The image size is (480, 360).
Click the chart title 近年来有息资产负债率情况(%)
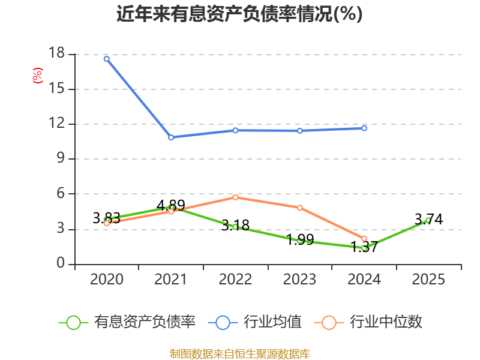point(239,14)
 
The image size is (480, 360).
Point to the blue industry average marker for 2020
point(107,59)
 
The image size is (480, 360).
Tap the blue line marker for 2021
point(171,137)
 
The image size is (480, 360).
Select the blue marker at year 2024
point(364,128)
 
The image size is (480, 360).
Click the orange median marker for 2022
point(235,197)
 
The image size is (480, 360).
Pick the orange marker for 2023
point(299,208)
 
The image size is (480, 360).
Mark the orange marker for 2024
point(364,238)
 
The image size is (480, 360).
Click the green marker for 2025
point(428,220)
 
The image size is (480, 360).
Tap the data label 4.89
point(171,205)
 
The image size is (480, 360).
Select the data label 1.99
point(300,239)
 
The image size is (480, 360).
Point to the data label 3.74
point(428,219)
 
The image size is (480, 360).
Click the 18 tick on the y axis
point(57,53)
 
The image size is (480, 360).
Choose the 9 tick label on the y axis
point(61,158)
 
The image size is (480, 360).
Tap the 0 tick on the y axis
point(61,263)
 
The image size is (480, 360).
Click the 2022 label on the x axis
point(235,279)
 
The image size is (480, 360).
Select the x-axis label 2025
point(428,279)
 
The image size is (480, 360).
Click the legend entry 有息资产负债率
point(127,322)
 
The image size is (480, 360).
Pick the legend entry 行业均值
point(254,322)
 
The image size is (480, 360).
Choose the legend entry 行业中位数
point(368,322)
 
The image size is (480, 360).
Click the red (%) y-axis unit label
point(38,76)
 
